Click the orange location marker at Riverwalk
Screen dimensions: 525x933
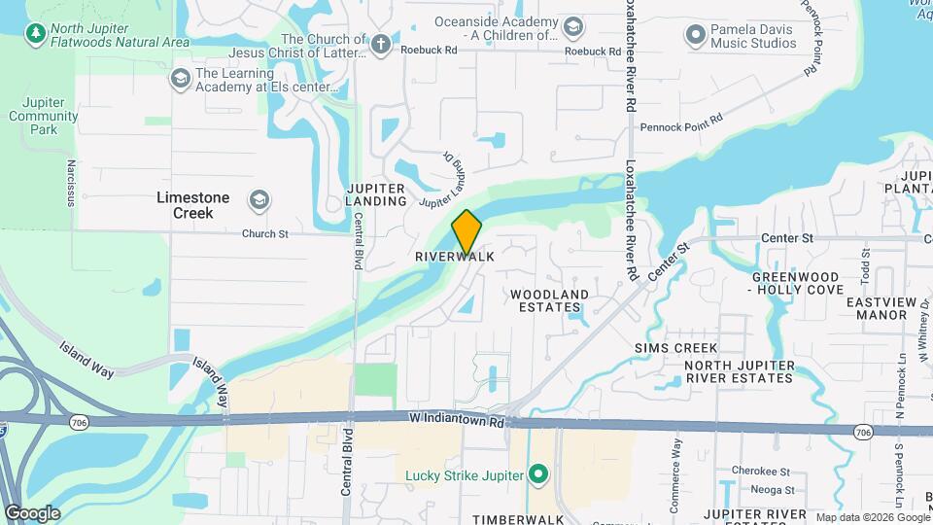click(466, 231)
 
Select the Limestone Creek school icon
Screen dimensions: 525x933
click(259, 199)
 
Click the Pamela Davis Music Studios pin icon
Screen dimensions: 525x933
click(695, 37)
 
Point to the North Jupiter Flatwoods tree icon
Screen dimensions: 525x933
click(37, 34)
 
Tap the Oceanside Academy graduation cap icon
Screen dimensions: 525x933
click(573, 26)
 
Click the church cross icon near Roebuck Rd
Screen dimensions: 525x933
click(380, 44)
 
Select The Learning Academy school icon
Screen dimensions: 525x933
click(180, 78)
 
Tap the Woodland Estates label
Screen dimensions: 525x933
click(550, 301)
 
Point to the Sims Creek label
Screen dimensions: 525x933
click(675, 348)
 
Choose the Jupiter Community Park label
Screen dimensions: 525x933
click(44, 116)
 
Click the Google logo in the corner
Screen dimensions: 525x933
click(31, 512)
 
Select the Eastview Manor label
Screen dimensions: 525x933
click(882, 309)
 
